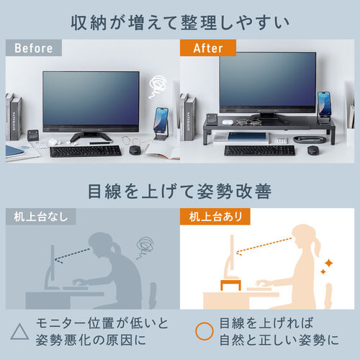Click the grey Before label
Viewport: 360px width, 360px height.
pyautogui.click(x=32, y=48)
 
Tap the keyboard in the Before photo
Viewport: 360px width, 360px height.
pyautogui.click(x=85, y=150)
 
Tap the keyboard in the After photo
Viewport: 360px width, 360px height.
pyautogui.click(x=258, y=150)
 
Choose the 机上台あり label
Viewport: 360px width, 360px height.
pyautogui.click(x=215, y=215)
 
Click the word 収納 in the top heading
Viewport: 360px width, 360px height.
pyautogui.click(x=89, y=21)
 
